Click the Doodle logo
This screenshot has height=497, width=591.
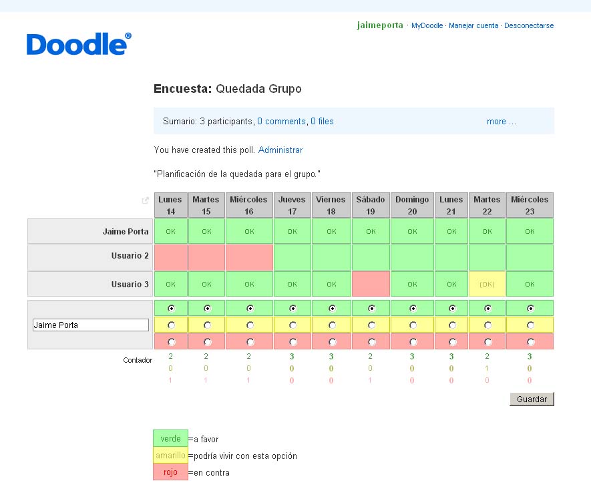click(79, 43)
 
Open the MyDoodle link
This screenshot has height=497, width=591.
click(427, 26)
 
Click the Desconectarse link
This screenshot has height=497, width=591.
click(529, 26)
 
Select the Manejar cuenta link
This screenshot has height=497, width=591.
click(473, 26)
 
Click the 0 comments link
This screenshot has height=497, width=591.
click(281, 122)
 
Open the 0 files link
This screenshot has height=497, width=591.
click(322, 122)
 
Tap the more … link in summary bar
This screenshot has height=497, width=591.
click(501, 122)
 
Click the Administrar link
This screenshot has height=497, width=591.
click(280, 150)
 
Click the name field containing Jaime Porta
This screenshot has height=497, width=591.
click(90, 325)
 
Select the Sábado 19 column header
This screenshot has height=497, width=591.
click(371, 205)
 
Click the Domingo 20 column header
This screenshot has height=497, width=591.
click(412, 205)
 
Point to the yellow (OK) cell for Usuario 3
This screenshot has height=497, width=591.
click(487, 284)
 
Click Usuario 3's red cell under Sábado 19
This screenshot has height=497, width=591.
click(371, 284)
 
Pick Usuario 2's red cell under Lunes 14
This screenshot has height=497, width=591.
click(171, 257)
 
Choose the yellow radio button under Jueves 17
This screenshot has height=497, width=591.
click(292, 325)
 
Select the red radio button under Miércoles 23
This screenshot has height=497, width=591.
click(530, 341)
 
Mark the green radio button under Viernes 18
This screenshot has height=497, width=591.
click(331, 309)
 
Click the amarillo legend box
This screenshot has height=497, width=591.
click(170, 456)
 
